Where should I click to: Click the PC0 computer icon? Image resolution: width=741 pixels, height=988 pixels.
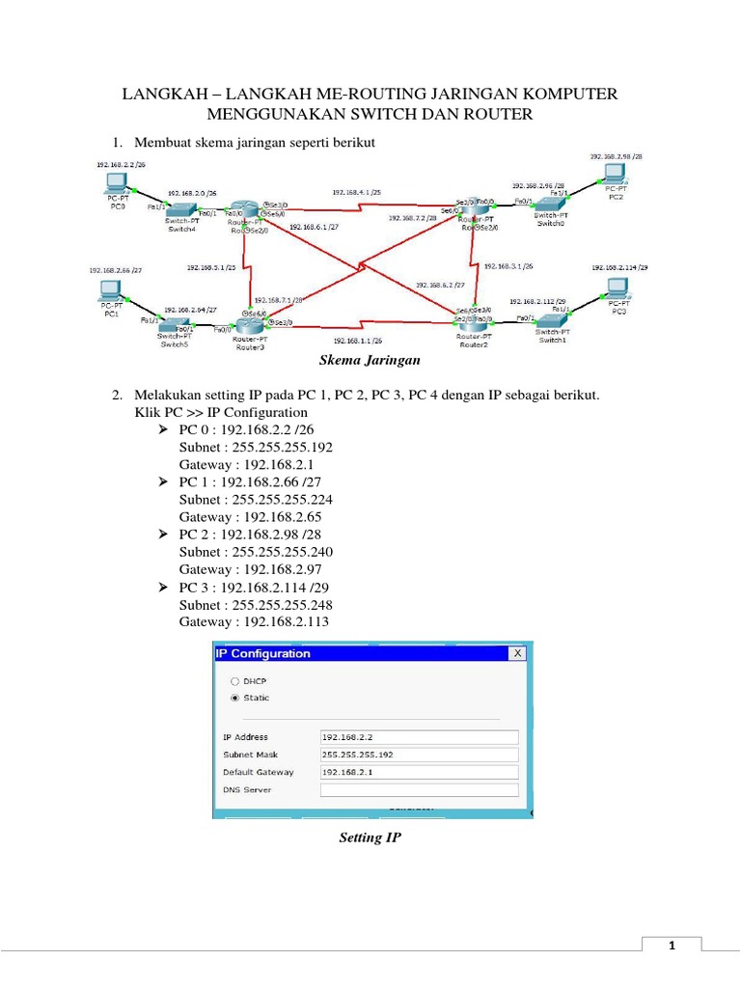[x=117, y=181]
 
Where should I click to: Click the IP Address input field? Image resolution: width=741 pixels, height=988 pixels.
[x=419, y=736]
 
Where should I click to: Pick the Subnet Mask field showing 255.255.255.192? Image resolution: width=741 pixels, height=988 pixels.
[x=419, y=755]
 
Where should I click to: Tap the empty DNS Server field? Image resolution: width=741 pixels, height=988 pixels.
[x=419, y=790]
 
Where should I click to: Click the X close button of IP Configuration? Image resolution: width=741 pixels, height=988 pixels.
[x=518, y=653]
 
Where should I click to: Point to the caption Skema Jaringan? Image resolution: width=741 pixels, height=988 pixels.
[x=370, y=360]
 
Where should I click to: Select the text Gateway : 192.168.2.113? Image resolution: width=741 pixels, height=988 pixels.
[x=254, y=622]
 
